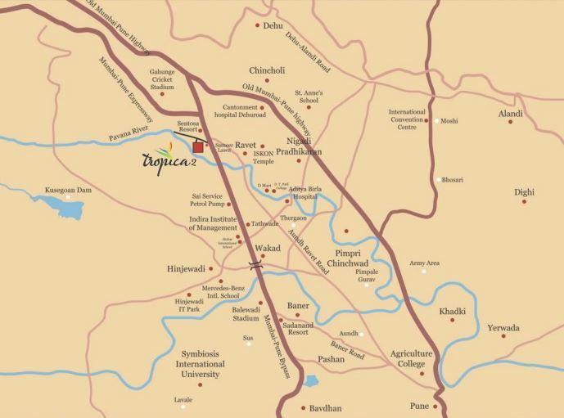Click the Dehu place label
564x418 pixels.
pos(273,26)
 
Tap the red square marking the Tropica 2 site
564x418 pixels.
pos(198,147)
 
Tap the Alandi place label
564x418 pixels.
pos(510,114)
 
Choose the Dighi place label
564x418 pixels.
pos(524,192)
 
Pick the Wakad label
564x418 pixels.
pos(268,248)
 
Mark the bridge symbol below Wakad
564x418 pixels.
pos(257,263)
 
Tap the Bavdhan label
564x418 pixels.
pos(326,407)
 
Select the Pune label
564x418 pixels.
pos(419,406)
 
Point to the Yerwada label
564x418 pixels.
pos(503,328)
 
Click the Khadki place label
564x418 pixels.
pos(452,311)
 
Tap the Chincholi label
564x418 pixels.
pos(266,70)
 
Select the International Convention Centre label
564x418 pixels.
pos(407,119)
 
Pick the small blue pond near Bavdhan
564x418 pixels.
pos(311,380)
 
